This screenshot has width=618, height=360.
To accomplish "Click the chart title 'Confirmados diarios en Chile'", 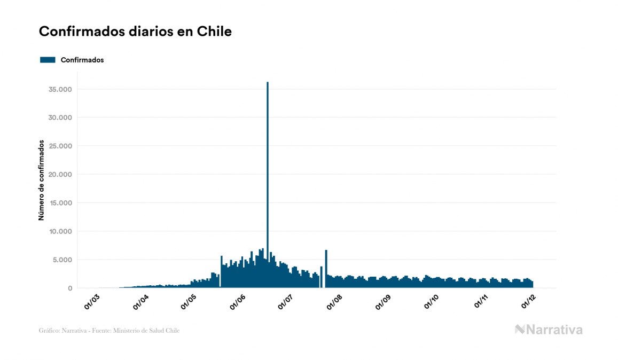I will coord(135,32).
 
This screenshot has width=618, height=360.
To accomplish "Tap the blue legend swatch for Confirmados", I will coord(48,60).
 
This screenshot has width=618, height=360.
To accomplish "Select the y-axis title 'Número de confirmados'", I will coord(41,181).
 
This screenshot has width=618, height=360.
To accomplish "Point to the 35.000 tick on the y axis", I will coord(60,89).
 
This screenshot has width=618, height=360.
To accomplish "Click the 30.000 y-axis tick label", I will coord(60,118).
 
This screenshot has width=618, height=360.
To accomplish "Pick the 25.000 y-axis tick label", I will coord(60,146).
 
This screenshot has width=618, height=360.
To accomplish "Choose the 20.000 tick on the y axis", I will coord(60,175).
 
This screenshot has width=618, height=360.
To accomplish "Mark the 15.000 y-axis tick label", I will coord(60,203).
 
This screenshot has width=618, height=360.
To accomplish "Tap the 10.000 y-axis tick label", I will coord(60,231).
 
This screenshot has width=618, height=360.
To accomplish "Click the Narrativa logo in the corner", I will coord(549,330).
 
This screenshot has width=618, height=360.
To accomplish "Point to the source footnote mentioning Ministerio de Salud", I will coord(109,331).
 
